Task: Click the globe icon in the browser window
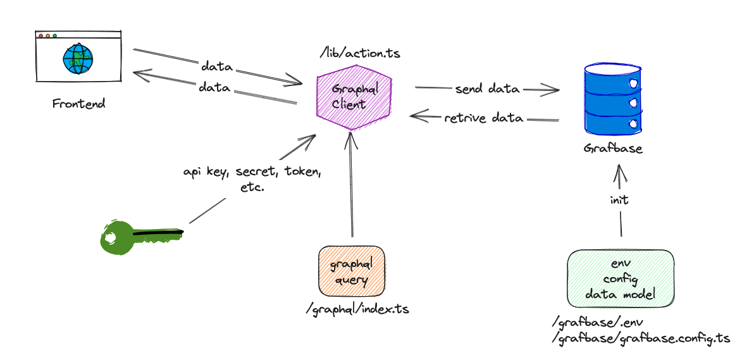[x=78, y=58]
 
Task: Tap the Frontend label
[x=79, y=104]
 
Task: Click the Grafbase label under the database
[x=613, y=150]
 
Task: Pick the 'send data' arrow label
[x=487, y=89]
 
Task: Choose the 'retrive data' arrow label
[x=483, y=118]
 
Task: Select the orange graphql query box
[x=351, y=272]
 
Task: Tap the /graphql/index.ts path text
[x=357, y=309]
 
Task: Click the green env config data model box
[x=620, y=278]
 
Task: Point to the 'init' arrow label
[x=619, y=199]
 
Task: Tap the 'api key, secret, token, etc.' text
[x=252, y=179]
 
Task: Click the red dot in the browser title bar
[x=41, y=36]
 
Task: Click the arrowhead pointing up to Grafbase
[x=619, y=169]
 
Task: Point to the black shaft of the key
[x=158, y=235]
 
